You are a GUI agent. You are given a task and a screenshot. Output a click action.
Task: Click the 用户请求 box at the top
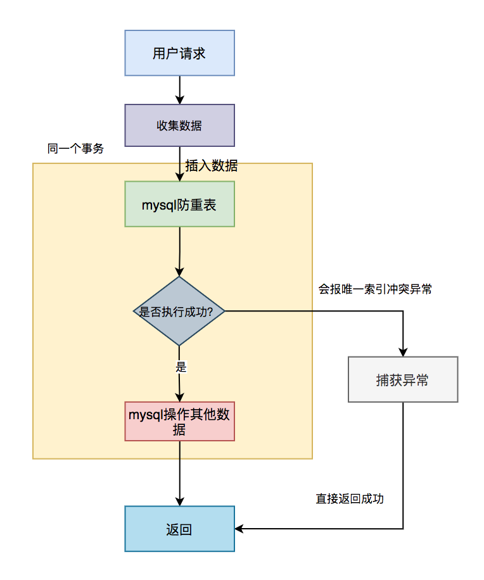pyautogui.click(x=179, y=53)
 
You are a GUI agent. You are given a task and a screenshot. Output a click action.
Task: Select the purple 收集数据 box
pyautogui.click(x=179, y=125)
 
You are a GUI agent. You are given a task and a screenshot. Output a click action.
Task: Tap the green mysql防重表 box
pyautogui.click(x=179, y=204)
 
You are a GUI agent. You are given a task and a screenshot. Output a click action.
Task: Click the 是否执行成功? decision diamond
pyautogui.click(x=179, y=311)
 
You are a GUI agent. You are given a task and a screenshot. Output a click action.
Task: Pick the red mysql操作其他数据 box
pyautogui.click(x=180, y=421)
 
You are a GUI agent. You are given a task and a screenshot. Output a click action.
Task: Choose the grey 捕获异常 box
pyautogui.click(x=402, y=380)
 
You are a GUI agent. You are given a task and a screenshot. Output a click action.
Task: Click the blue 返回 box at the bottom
pyautogui.click(x=179, y=529)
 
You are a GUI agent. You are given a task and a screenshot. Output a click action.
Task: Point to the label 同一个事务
pyautogui.click(x=75, y=149)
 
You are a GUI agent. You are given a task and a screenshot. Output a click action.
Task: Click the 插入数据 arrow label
pyautogui.click(x=211, y=166)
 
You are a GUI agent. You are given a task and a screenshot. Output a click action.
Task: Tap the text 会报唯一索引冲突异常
pyautogui.click(x=375, y=289)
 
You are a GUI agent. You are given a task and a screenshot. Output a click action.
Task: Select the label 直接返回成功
pyautogui.click(x=350, y=498)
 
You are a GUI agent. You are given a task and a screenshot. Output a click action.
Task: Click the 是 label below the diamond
pyautogui.click(x=181, y=367)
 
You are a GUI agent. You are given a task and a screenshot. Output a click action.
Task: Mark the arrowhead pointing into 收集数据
pyautogui.click(x=179, y=99)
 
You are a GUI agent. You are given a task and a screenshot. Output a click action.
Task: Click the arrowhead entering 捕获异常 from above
pyautogui.click(x=402, y=352)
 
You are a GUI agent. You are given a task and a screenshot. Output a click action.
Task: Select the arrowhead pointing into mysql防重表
pyautogui.click(x=179, y=177)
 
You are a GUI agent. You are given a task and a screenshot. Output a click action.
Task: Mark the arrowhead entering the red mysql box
pyautogui.click(x=180, y=397)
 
